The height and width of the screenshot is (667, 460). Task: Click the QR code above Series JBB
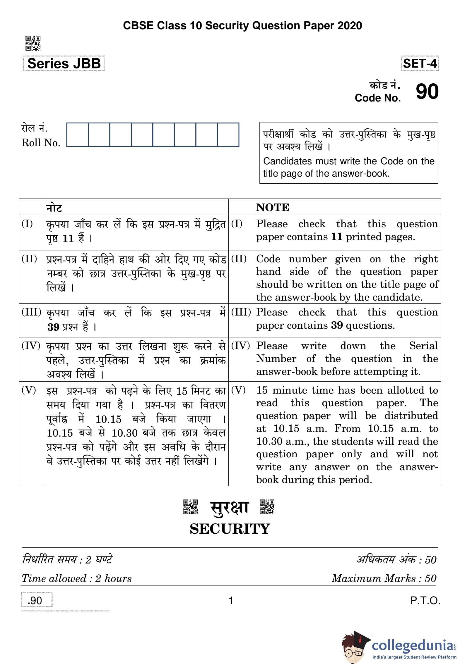33,43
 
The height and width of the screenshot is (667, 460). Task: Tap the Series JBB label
64,63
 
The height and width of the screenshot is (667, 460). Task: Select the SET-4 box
420,63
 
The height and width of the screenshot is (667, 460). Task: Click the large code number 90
427,92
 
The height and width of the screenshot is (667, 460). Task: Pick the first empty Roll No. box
77,135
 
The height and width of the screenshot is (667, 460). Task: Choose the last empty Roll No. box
228,135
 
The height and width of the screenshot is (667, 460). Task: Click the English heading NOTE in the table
272,207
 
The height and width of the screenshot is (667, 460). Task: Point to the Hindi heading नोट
54,208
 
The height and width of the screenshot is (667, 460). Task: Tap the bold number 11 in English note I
336,237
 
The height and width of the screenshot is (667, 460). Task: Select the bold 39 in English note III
337,325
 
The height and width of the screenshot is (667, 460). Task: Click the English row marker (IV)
240,346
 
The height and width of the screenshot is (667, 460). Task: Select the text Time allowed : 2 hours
77,578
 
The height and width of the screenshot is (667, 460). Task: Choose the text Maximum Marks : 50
384,578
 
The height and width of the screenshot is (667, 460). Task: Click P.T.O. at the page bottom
425,601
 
